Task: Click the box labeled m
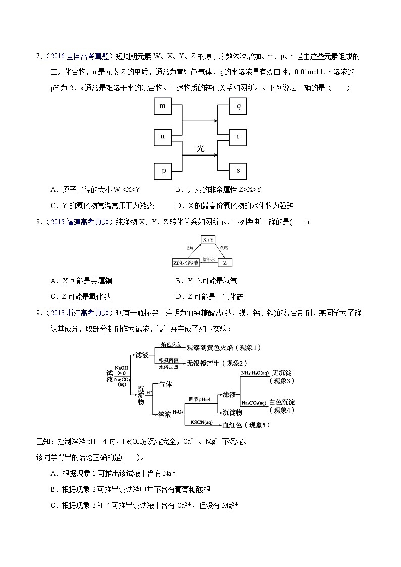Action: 163,106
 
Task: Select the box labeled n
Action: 163,136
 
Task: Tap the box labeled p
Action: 163,170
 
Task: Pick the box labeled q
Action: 238,106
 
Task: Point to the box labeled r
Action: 238,136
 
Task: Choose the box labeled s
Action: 238,170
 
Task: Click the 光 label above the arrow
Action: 201,148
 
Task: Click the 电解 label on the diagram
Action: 189,247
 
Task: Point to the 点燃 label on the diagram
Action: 224,247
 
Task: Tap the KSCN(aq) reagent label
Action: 202,422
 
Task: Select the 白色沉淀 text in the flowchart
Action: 282,402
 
